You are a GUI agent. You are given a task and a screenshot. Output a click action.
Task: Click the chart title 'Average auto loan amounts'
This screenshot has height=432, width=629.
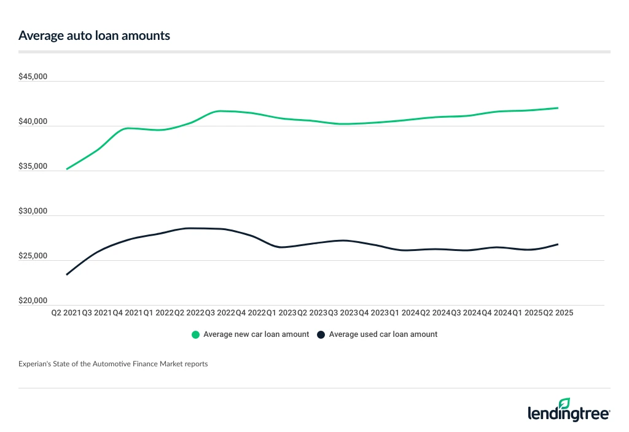pyautogui.click(x=94, y=36)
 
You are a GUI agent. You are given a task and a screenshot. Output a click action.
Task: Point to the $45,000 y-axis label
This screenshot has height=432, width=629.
pyautogui.click(x=34, y=77)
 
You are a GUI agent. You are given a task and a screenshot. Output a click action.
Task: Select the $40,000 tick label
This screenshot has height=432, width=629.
pyautogui.click(x=34, y=122)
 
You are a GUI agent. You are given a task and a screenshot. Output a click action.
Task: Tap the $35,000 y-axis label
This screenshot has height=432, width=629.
pyautogui.click(x=34, y=167)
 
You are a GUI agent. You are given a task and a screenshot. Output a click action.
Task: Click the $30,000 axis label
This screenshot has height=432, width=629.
pyautogui.click(x=34, y=212)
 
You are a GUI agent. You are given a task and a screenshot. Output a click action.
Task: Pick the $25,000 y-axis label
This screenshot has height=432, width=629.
pyautogui.click(x=34, y=256)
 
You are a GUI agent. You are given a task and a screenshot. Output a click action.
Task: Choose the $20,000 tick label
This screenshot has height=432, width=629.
pyautogui.click(x=34, y=301)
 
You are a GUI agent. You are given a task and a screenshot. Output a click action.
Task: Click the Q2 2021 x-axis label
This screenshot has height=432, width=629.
pyautogui.click(x=66, y=313)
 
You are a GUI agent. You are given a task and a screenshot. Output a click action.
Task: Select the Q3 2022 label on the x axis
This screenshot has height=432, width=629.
pyautogui.click(x=219, y=313)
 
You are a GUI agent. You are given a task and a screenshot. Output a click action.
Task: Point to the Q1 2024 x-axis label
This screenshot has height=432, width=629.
pyautogui.click(x=404, y=313)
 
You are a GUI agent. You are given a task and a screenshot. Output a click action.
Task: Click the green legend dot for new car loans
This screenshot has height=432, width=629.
pyautogui.click(x=196, y=335)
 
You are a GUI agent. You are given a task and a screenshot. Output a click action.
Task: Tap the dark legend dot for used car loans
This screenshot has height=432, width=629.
pyautogui.click(x=321, y=335)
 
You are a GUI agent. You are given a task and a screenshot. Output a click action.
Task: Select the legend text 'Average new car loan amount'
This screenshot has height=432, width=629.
pyautogui.click(x=256, y=335)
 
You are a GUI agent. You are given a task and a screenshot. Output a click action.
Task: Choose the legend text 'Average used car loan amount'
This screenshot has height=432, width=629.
pyautogui.click(x=383, y=335)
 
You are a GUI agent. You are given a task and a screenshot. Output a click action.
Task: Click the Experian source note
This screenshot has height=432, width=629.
pyautogui.click(x=113, y=364)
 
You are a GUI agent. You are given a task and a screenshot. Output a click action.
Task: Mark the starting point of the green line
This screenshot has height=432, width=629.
pyautogui.click(x=66, y=169)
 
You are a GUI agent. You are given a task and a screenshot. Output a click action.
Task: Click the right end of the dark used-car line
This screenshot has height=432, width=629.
pyautogui.click(x=558, y=244)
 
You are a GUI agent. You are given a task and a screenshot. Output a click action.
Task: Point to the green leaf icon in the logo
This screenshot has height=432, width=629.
pyautogui.click(x=564, y=403)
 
